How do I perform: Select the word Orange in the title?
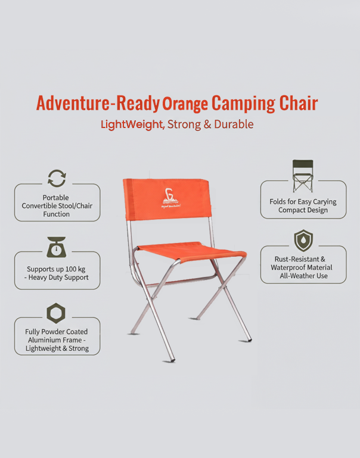[185, 104]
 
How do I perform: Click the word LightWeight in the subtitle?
[132, 124]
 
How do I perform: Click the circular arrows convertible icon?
[57, 178]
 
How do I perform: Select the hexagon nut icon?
[57, 313]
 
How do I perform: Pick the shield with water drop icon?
[303, 241]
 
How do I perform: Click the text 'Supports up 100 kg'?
[56, 269]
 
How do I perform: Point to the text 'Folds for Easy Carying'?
[303, 202]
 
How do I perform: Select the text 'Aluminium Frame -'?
[57, 340]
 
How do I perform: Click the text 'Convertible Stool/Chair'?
[57, 206]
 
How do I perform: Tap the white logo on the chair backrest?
[167, 197]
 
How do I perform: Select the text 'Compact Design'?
[303, 210]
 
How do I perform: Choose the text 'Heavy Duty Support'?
[59, 278]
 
